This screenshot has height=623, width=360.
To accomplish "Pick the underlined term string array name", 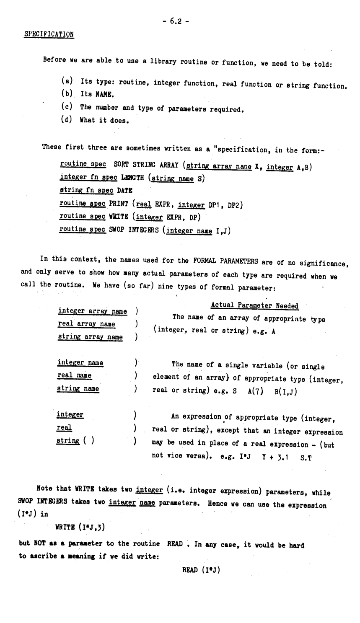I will [x=90, y=336].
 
